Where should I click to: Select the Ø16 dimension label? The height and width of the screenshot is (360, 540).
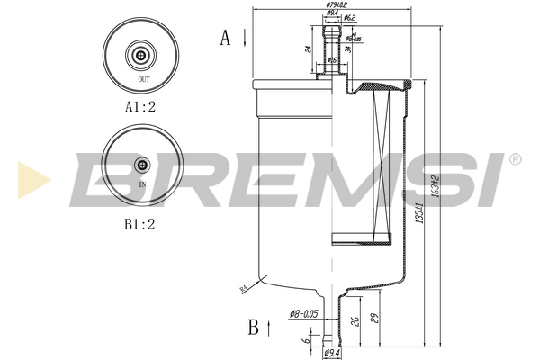[x=331, y=59]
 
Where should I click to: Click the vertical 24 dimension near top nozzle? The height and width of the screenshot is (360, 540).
[x=306, y=49]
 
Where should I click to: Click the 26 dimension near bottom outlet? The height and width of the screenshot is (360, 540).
[x=357, y=319]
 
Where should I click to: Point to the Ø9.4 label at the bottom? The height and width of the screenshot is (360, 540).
[x=331, y=354]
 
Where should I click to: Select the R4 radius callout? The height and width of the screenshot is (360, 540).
[x=243, y=288]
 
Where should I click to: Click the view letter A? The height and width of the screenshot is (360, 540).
[x=226, y=37]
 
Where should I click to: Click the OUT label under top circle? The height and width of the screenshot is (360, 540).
[x=143, y=80]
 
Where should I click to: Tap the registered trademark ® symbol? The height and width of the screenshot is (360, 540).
[x=514, y=159]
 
